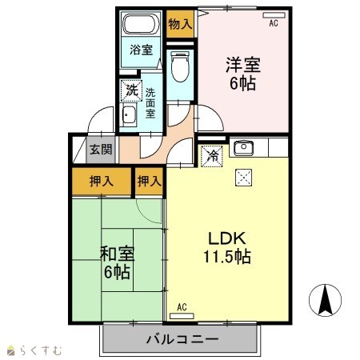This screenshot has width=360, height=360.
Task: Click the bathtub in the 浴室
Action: pos(140,23)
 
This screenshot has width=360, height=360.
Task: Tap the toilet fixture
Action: pos(180,66)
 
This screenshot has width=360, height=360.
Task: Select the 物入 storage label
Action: pos(180,25)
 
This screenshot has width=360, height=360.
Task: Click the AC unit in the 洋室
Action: pos(274,15)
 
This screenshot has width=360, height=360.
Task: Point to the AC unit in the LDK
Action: pos(182,316)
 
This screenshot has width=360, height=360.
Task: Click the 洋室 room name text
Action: pos(243,65)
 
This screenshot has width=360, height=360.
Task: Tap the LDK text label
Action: pos(227,238)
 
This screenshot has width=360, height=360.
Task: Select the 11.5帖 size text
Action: pos(227,257)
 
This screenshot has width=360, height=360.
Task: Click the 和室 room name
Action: pos(117,254)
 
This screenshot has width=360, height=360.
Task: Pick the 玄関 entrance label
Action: pos(101,150)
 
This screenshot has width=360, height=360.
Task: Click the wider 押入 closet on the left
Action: pos(102,182)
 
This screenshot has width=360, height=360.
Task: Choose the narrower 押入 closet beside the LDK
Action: pos(149,182)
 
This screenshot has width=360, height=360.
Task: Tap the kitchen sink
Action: pos(243,147)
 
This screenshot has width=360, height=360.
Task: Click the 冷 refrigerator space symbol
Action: pos(212,156)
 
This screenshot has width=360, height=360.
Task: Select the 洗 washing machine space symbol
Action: pos(131,90)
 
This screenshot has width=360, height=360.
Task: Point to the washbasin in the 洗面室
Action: pos(130,114)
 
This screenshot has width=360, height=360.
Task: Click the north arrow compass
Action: pos(326,300)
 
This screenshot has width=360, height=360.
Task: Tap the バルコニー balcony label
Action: pos(182,339)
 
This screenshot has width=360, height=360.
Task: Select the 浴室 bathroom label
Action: pos(141,50)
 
